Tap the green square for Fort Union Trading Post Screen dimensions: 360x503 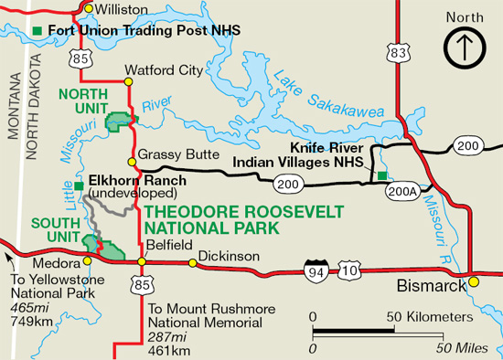pyautogui.click(x=37, y=30)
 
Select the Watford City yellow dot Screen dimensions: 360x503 pyautogui.click(x=129, y=82)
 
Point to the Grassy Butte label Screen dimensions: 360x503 pyautogui.click(x=169, y=154)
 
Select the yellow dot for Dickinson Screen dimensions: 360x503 pyautogui.click(x=193, y=264)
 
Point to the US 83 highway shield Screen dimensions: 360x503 pyautogui.click(x=398, y=55)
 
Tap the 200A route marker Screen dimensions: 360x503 pyautogui.click(x=404, y=190)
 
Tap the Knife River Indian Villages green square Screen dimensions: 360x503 pyautogui.click(x=382, y=175)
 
